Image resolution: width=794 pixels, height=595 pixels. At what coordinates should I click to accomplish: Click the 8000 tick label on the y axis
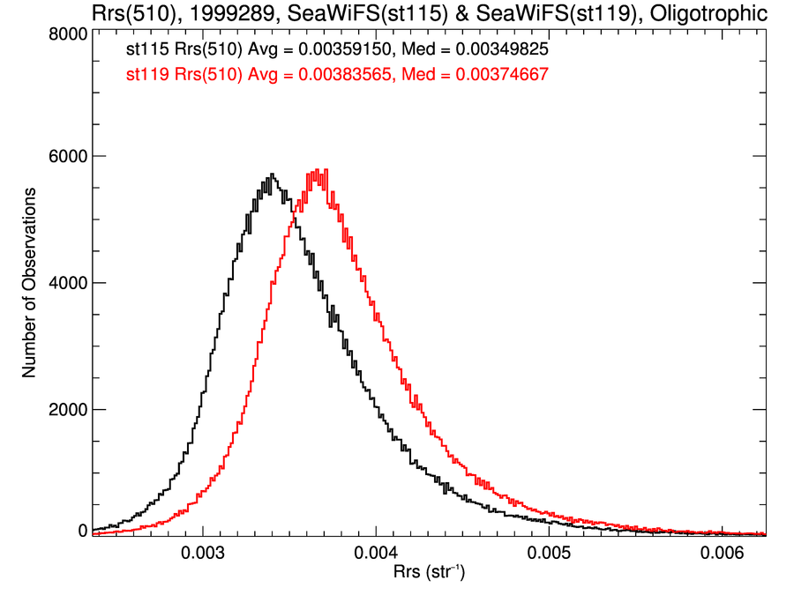66,33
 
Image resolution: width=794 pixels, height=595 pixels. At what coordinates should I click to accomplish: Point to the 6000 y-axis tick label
66,156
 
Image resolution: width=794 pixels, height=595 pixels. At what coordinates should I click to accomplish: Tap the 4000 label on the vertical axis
66,283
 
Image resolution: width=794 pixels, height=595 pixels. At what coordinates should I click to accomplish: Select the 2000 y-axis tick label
66,409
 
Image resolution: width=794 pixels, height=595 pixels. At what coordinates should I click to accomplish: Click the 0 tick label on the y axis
82,531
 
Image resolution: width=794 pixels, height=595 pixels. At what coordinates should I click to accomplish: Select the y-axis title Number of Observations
29,283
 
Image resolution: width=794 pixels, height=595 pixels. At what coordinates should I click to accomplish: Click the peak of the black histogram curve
272,175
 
